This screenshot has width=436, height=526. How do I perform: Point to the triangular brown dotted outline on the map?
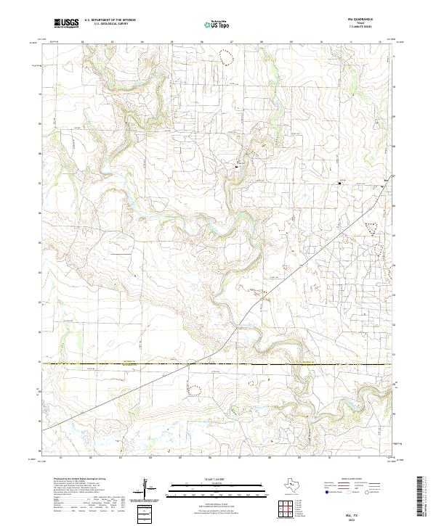(373, 228)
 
